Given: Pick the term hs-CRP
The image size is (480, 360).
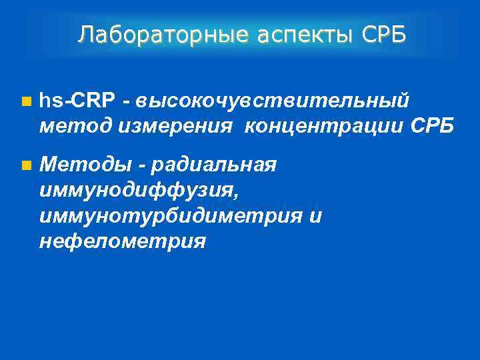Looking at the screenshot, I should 77,101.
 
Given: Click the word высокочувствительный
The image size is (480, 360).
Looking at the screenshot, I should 272,101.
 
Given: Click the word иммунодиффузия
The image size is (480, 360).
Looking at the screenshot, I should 136,191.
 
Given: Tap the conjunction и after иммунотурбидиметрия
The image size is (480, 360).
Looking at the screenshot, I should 315,216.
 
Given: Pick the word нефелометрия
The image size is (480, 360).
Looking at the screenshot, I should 122,241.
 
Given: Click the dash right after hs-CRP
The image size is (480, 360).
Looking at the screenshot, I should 126,102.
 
